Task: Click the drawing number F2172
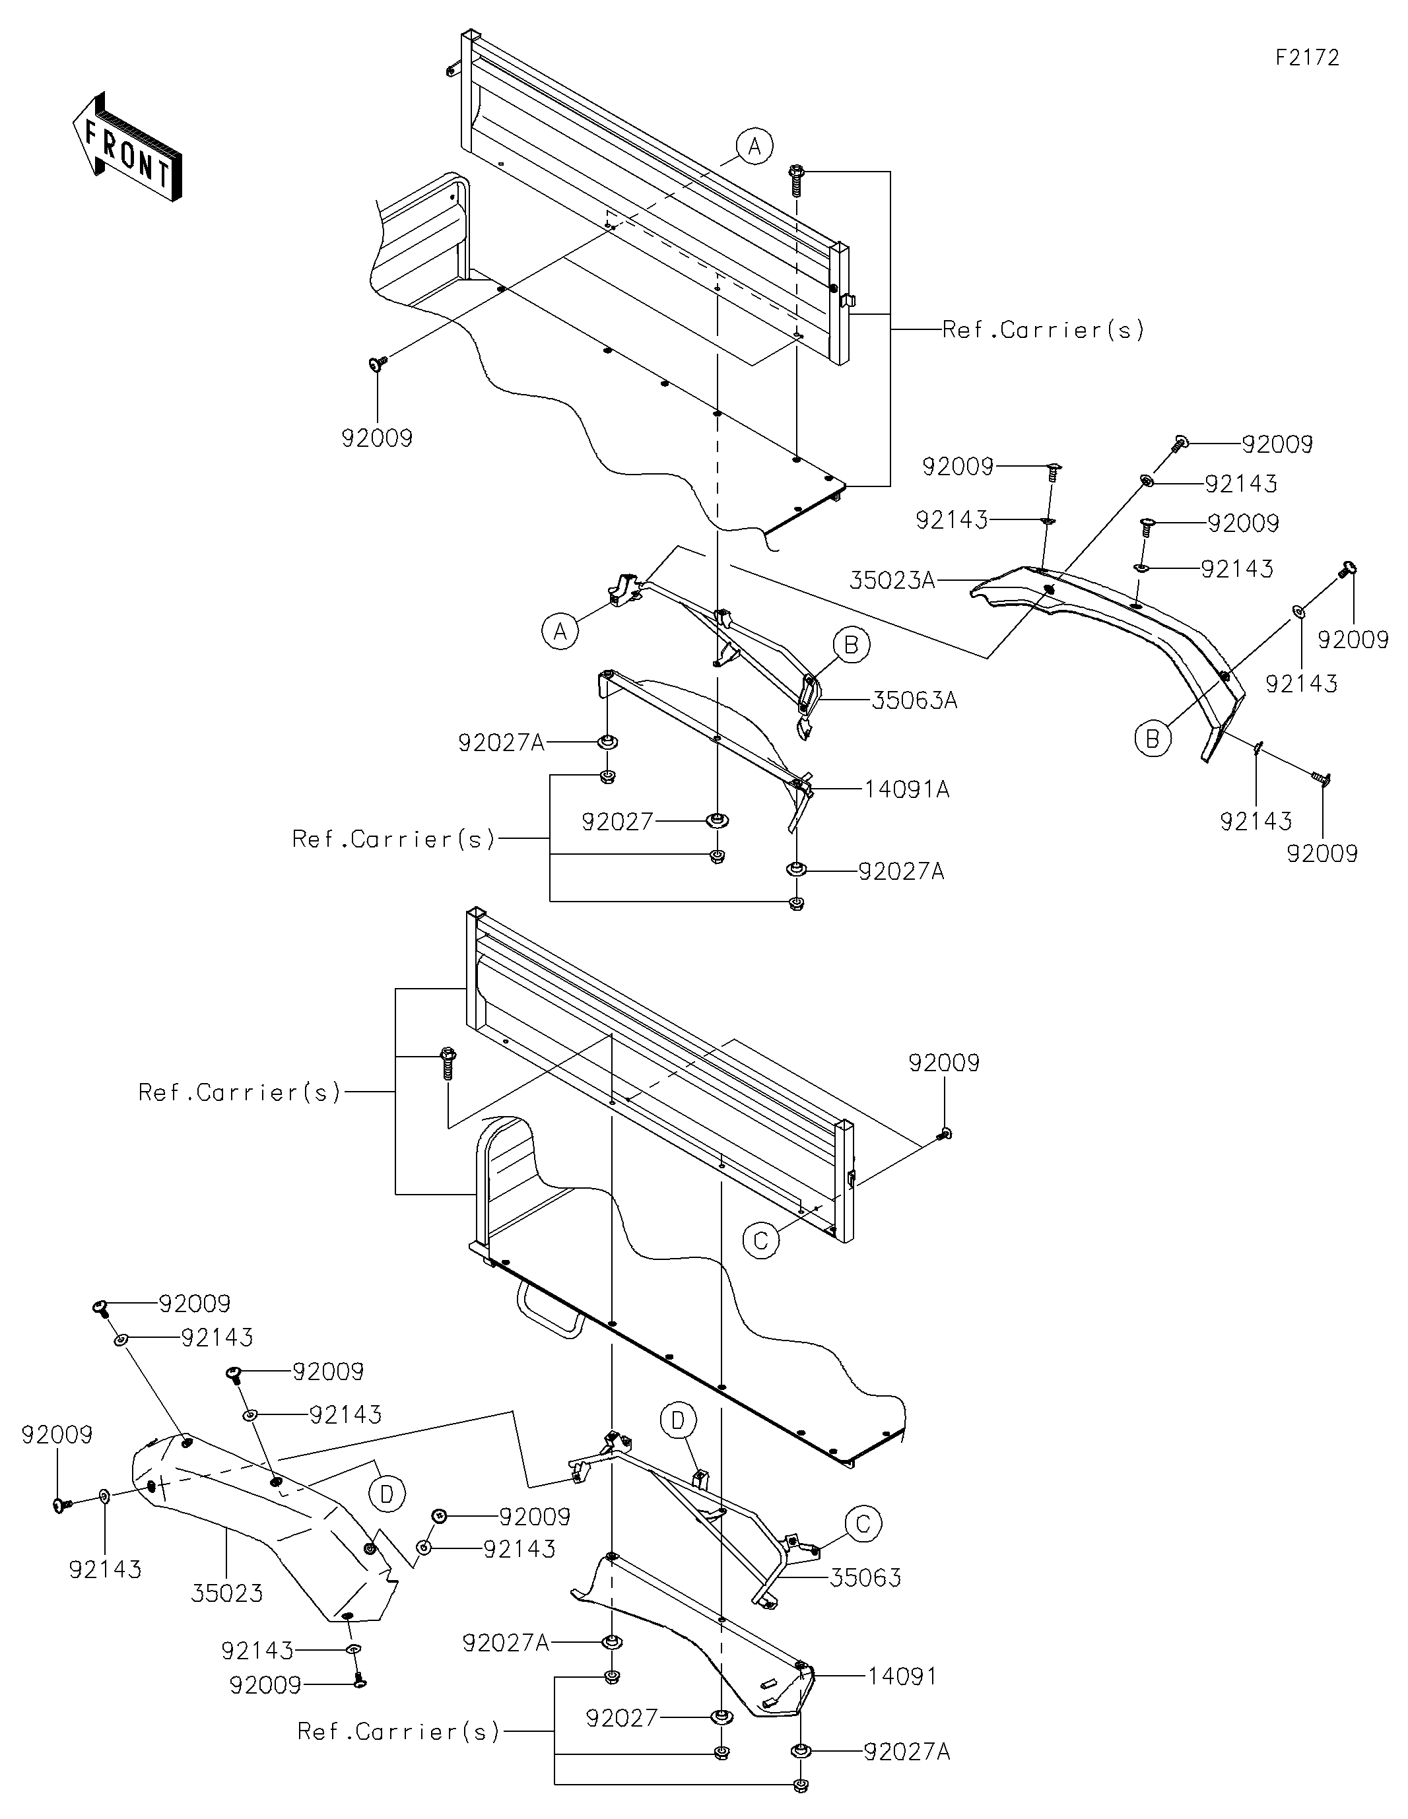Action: pyautogui.click(x=1307, y=57)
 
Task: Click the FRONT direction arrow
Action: pyautogui.click(x=127, y=147)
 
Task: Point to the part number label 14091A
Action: pyautogui.click(x=907, y=789)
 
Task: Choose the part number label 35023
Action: pyautogui.click(x=228, y=1594)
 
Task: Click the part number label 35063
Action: pyautogui.click(x=865, y=1578)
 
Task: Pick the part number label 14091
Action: pyautogui.click(x=903, y=1676)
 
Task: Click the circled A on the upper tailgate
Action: pyautogui.click(x=754, y=147)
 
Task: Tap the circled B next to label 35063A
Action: pyautogui.click(x=851, y=645)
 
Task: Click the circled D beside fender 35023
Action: pyautogui.click(x=387, y=1494)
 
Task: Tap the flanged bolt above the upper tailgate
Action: pyautogui.click(x=795, y=180)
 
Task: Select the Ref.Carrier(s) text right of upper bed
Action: pyautogui.click(x=1043, y=331)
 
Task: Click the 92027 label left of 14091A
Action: pyautogui.click(x=617, y=822)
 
